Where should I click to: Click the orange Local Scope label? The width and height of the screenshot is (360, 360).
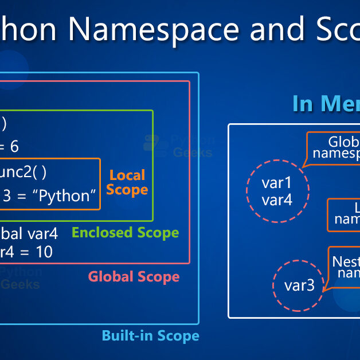(x=127, y=182)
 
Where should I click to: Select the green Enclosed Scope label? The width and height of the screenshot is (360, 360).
(x=125, y=233)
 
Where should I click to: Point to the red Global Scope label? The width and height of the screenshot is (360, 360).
(x=134, y=277)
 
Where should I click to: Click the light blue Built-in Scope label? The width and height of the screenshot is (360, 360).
(x=150, y=336)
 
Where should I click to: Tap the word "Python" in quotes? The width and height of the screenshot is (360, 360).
(x=64, y=195)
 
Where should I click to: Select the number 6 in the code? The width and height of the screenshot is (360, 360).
(x=14, y=147)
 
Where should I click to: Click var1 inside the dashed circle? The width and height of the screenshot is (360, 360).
(x=277, y=183)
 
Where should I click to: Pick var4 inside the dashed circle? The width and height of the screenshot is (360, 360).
(x=277, y=200)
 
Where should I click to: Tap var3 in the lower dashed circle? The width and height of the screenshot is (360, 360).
(x=300, y=285)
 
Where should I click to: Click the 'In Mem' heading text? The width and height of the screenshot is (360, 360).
(x=326, y=104)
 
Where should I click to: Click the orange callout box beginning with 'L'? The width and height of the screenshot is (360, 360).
(x=344, y=214)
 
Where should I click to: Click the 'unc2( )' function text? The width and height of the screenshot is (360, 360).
(x=23, y=171)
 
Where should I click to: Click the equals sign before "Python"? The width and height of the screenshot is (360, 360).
(x=21, y=195)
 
